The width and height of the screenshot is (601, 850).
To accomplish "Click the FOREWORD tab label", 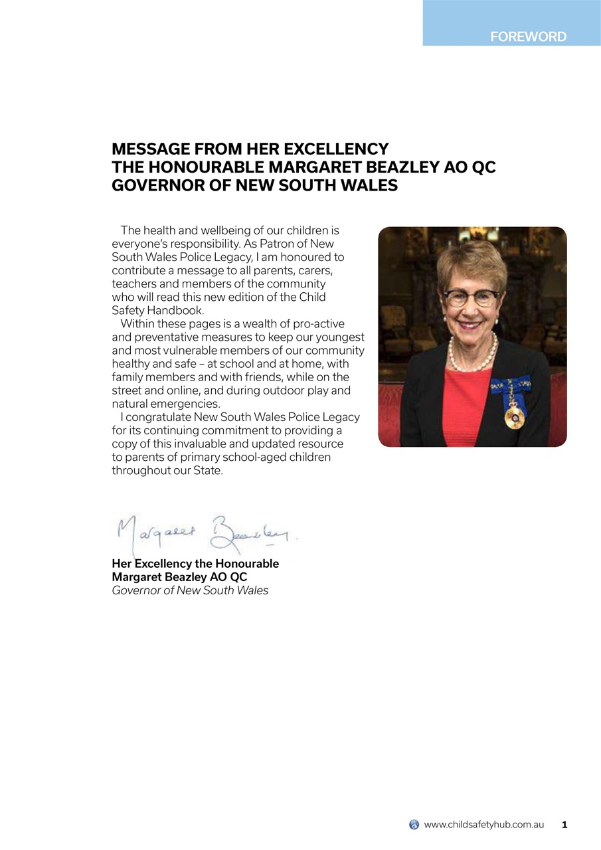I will point(528,37).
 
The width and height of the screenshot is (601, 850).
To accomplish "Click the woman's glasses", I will point(472,297).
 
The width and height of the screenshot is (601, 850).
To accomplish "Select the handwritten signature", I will point(206,533).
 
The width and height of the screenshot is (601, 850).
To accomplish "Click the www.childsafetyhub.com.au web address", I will point(483,825).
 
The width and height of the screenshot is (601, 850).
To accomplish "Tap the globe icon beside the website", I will point(414,825).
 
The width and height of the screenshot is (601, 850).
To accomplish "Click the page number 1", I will point(564,825).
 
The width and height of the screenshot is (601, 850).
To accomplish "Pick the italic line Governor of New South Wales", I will point(190,590).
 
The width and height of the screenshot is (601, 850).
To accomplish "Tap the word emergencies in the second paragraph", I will point(186,404).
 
